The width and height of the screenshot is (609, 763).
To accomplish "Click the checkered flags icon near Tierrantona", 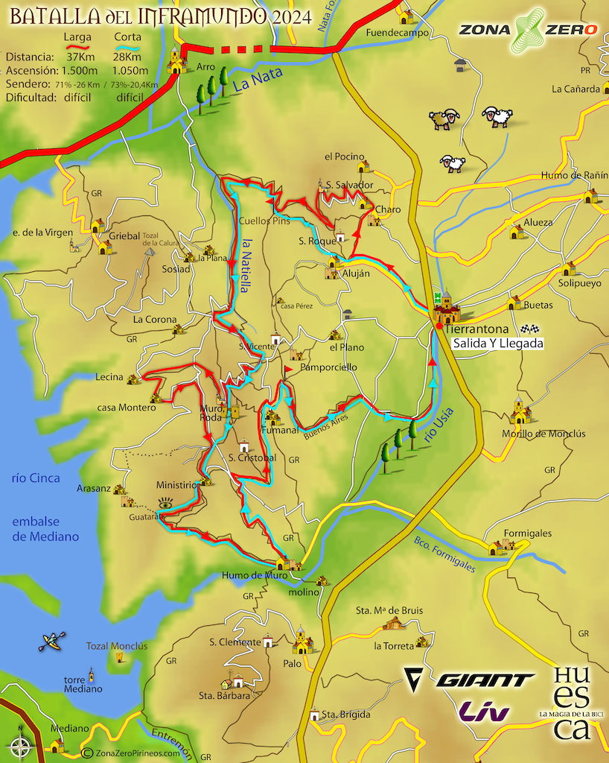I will pos(529,329).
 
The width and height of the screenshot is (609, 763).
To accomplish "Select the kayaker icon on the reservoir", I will pos(52,641).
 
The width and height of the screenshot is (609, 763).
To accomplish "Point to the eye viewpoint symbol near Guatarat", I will pos(165,504).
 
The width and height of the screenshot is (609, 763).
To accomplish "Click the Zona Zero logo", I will pos(528,30).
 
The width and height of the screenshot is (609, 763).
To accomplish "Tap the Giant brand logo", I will pos(470,680).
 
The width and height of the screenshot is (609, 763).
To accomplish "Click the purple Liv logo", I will pos(485,712).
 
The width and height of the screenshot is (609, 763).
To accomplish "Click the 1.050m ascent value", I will pos(128,71).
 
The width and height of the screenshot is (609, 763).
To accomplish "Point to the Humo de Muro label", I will pos(254,574).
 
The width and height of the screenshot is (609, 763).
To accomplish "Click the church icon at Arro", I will pos(176,61).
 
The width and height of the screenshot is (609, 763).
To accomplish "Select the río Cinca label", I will pos(36,478).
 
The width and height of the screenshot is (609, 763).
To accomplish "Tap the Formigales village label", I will pos(527,534).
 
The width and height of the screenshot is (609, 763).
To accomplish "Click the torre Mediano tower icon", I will pos(92,675).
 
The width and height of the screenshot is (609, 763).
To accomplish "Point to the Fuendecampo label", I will pos(397,33).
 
